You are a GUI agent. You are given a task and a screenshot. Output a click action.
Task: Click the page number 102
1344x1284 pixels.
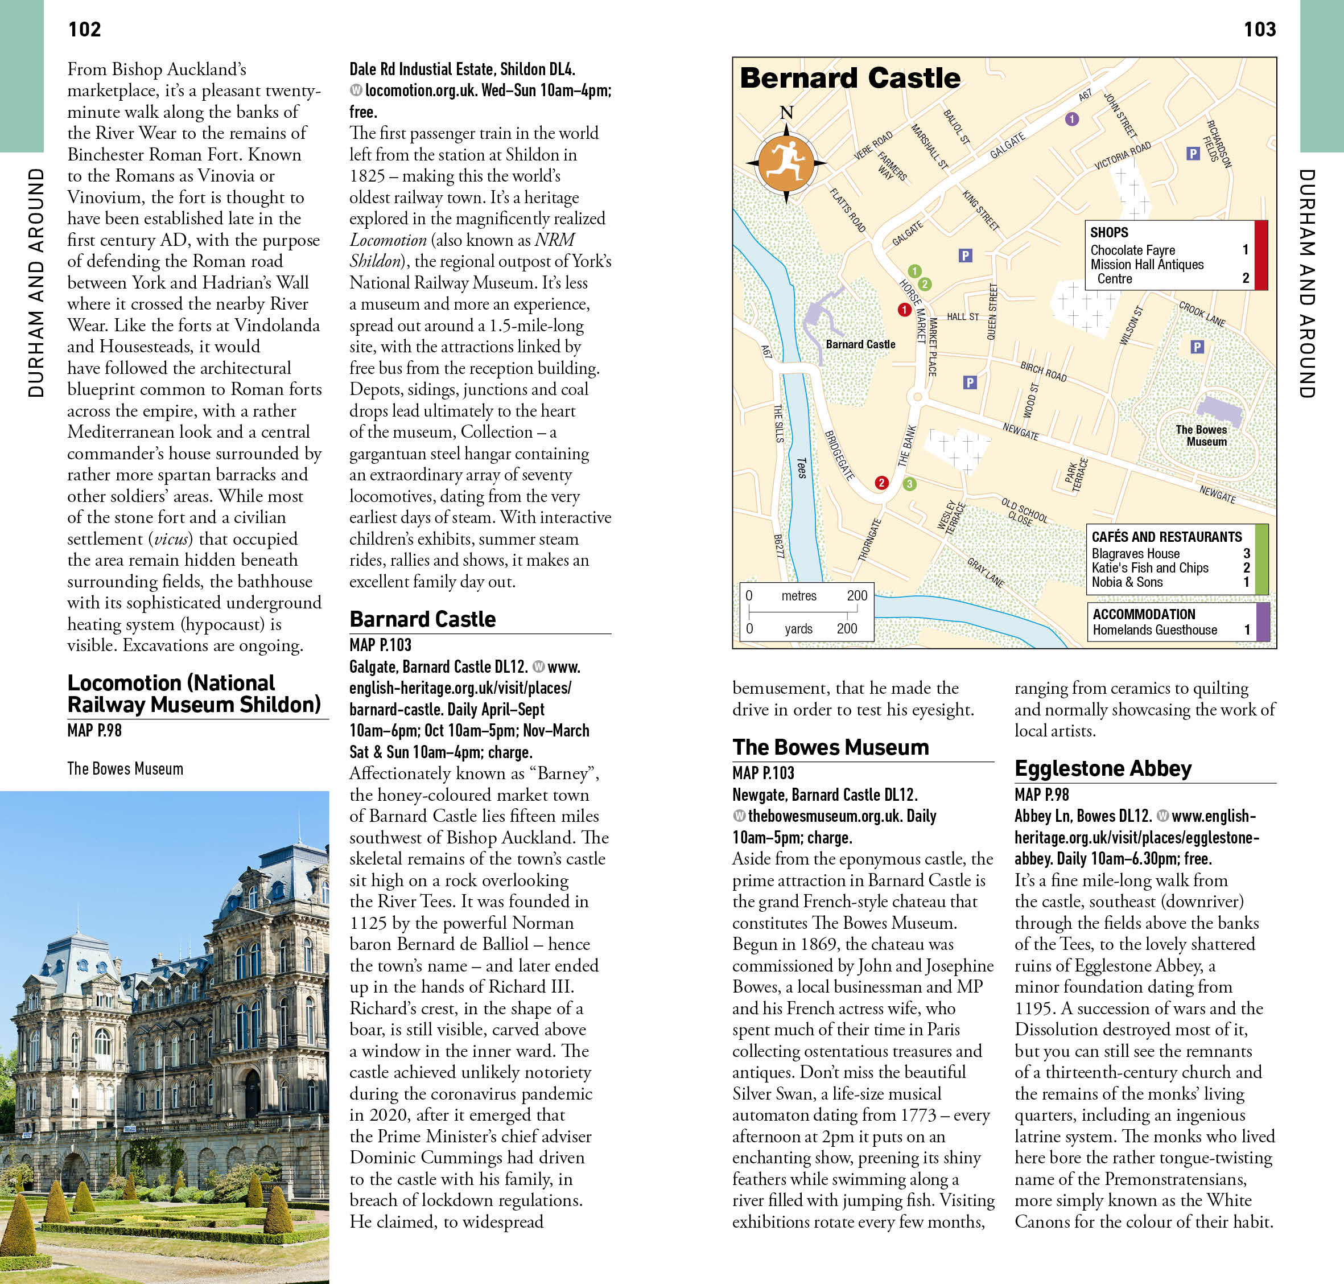pos(84,30)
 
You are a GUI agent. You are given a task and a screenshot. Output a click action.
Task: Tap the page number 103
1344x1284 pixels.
pos(1259,30)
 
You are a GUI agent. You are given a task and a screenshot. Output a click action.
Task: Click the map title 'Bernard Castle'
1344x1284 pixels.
pos(850,78)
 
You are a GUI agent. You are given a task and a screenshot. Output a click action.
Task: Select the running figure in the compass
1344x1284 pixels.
pos(786,162)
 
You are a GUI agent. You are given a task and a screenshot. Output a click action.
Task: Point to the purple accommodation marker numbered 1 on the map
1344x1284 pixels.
pos(1071,119)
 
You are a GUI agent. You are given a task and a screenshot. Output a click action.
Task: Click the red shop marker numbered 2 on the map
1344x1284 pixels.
pos(881,483)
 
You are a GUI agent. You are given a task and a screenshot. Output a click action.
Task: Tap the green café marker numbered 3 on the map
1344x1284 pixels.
pos(909,484)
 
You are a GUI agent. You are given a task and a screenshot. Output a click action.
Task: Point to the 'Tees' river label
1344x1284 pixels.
pos(801,468)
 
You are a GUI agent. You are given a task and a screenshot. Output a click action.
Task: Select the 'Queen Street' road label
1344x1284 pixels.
pos(992,311)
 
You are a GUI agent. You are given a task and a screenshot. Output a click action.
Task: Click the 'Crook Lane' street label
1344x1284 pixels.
pos(1202,314)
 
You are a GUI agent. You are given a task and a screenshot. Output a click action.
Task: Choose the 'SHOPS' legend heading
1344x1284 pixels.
pos(1108,233)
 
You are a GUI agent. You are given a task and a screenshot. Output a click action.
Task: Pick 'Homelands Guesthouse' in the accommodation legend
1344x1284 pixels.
pos(1155,629)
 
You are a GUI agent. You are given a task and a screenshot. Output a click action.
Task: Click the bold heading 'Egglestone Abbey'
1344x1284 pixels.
pos(1102,768)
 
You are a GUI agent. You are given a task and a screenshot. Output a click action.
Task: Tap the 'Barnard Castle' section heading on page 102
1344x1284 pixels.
pos(422,619)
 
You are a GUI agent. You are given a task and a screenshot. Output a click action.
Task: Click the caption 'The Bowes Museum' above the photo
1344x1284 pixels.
pos(125,768)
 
